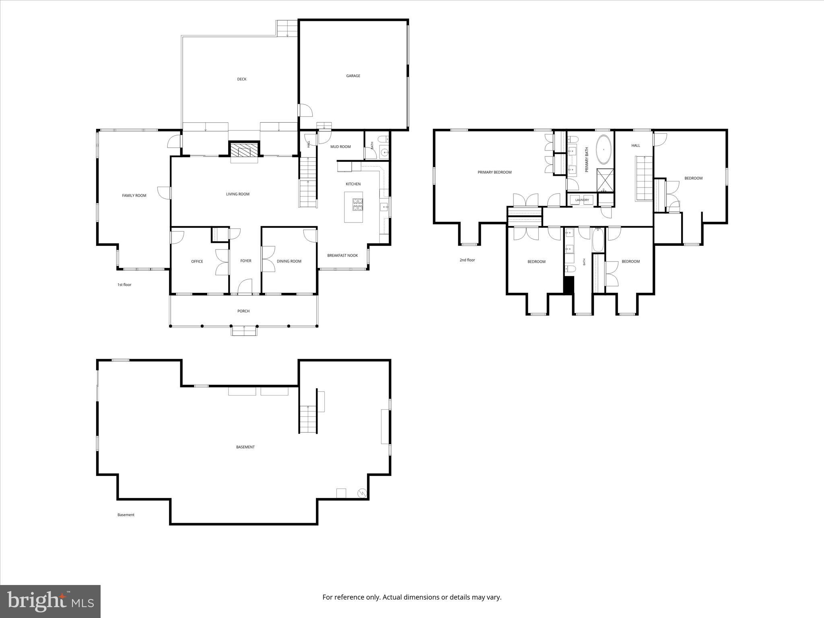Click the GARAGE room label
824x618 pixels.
pyautogui.click(x=353, y=76)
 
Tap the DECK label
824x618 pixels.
pyautogui.click(x=242, y=79)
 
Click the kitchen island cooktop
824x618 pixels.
pyautogui.click(x=357, y=205)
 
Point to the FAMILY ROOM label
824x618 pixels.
pyautogui.click(x=134, y=196)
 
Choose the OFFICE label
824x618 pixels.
pyautogui.click(x=197, y=262)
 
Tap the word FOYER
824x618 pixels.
pyautogui.click(x=246, y=261)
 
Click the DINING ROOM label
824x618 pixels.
pyautogui.click(x=289, y=262)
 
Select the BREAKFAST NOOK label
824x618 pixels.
pyautogui.click(x=342, y=255)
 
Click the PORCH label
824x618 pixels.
pyautogui.click(x=243, y=311)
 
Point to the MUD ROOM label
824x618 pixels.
pyautogui.click(x=340, y=147)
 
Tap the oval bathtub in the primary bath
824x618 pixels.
pyautogui.click(x=603, y=149)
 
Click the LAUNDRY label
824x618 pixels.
pyautogui.click(x=582, y=200)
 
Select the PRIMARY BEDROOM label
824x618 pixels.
pyautogui.click(x=494, y=172)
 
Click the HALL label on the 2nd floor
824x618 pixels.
pyautogui.click(x=636, y=146)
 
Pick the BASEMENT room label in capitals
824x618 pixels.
pyautogui.click(x=245, y=447)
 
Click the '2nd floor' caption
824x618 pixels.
pyautogui.click(x=467, y=260)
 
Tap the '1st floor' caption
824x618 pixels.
pyautogui.click(x=124, y=285)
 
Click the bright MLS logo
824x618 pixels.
pyautogui.click(x=50, y=601)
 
